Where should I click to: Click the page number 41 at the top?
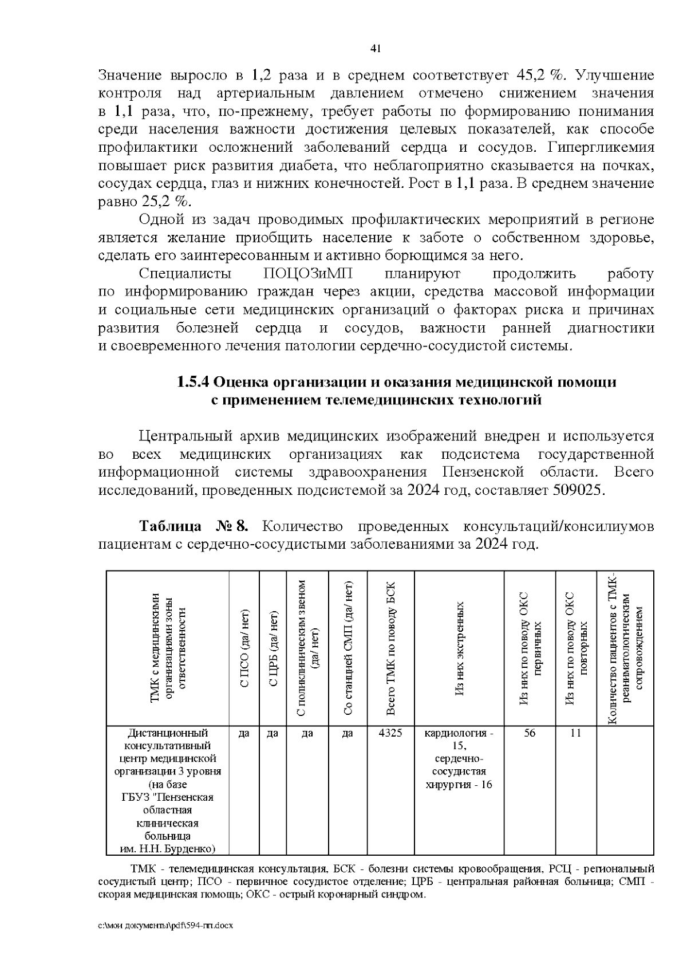point(376,48)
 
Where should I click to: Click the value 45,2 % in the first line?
point(540,75)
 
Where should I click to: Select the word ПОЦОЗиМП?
point(301,274)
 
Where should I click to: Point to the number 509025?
point(578,491)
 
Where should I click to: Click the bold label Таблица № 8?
point(194,526)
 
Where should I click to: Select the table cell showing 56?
point(530,733)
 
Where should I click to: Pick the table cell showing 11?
point(576,733)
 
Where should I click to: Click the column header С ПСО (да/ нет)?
point(244,647)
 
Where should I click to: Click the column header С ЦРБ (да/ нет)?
point(274,647)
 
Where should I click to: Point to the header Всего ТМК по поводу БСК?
point(391,647)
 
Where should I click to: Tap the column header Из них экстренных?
point(459,647)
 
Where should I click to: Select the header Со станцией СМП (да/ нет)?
point(348,647)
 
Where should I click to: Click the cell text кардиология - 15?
point(459,739)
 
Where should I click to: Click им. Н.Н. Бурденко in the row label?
point(168,848)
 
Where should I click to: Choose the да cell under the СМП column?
point(348,733)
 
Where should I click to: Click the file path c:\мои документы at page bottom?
point(165,941)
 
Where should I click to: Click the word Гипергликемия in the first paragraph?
point(601,147)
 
